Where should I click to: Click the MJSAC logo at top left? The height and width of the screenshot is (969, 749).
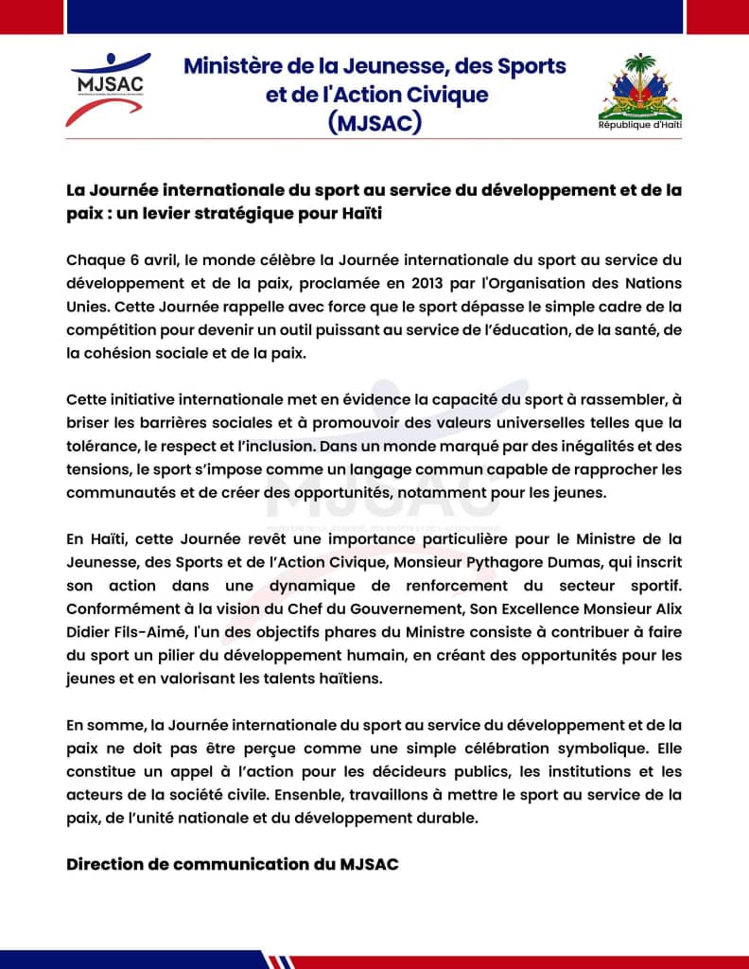pyautogui.click(x=106, y=89)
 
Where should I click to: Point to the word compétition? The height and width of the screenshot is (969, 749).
pyautogui.click(x=111, y=329)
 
